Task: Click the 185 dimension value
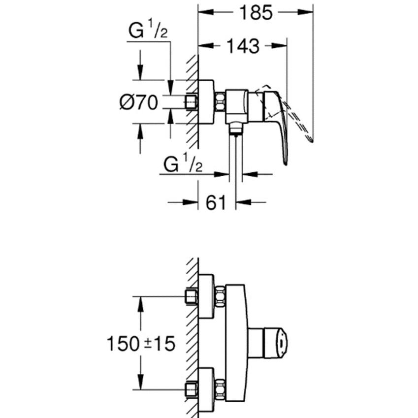click(256, 12)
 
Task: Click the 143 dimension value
click(243, 46)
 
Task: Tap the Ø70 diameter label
click(139, 102)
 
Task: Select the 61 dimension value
click(216, 203)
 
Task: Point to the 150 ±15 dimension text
click(141, 343)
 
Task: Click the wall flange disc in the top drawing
click(206, 102)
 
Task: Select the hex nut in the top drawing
click(220, 102)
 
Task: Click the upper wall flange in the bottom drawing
click(206, 296)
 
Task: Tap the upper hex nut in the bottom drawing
click(220, 296)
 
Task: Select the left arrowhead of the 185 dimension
click(206, 12)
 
